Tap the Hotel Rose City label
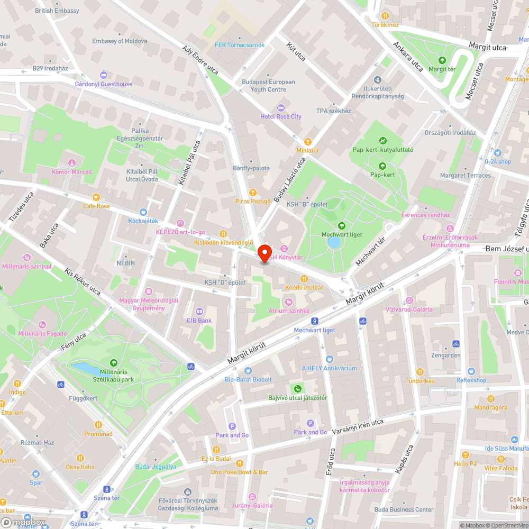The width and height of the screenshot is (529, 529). coord(281,116)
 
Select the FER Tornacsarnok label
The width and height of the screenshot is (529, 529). coord(240,45)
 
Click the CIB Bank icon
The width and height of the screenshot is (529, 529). coord(199,311)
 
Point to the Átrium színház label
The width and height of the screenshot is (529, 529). coord(289,311)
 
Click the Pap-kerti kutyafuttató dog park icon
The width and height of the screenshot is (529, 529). coord(382,140)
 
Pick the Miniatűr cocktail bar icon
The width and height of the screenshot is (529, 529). coord(308,141)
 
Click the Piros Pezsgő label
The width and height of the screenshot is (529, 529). coord(253,202)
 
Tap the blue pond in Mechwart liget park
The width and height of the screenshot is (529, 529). coord(334,242)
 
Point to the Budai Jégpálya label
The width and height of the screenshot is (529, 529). coord(156,467)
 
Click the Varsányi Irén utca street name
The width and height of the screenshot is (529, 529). coord(358,427)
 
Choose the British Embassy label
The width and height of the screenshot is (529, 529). coord(57,11)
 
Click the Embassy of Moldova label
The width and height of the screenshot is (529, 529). coord(120,41)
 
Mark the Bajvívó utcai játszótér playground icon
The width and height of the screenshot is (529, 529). coord(298,388)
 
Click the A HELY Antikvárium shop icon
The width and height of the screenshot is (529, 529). coord(329,359)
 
